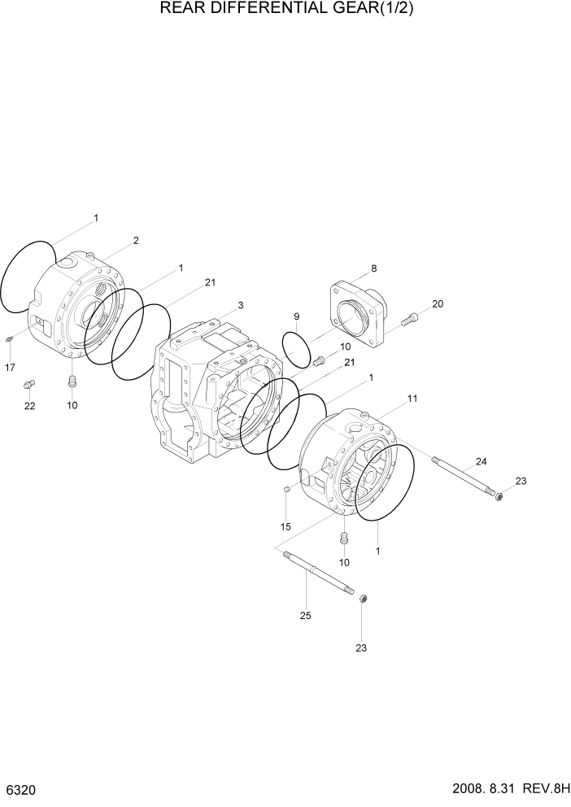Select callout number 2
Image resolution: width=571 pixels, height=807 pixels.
136,240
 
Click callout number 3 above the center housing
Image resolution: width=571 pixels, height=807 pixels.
241,305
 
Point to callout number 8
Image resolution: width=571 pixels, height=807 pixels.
373,268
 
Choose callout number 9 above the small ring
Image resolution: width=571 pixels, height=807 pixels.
297,316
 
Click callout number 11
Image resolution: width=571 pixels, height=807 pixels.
412,398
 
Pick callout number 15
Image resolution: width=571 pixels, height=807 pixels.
285,527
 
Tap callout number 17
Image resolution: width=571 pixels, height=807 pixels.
10,368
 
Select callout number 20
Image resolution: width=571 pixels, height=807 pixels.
438,303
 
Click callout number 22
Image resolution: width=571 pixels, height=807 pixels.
29,406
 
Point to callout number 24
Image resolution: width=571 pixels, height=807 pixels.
481,461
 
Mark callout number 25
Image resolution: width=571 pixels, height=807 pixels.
305,615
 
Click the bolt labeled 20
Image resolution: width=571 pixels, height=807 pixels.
410,321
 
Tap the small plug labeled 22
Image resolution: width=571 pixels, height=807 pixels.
30,383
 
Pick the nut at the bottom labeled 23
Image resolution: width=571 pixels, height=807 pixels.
363,600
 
